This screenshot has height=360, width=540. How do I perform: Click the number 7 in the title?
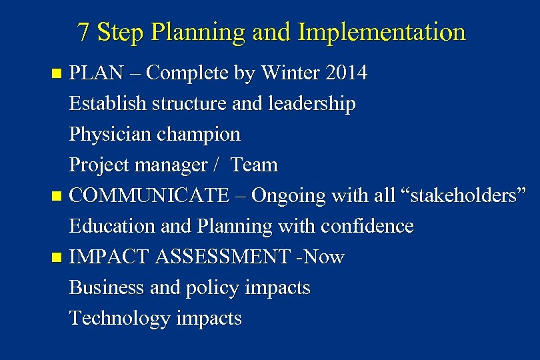pyautogui.click(x=83, y=32)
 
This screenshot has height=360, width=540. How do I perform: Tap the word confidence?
pyautogui.click(x=367, y=227)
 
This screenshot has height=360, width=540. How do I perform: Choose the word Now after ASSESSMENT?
pyautogui.click(x=323, y=257)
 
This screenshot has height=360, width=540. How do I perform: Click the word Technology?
pyautogui.click(x=119, y=319)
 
